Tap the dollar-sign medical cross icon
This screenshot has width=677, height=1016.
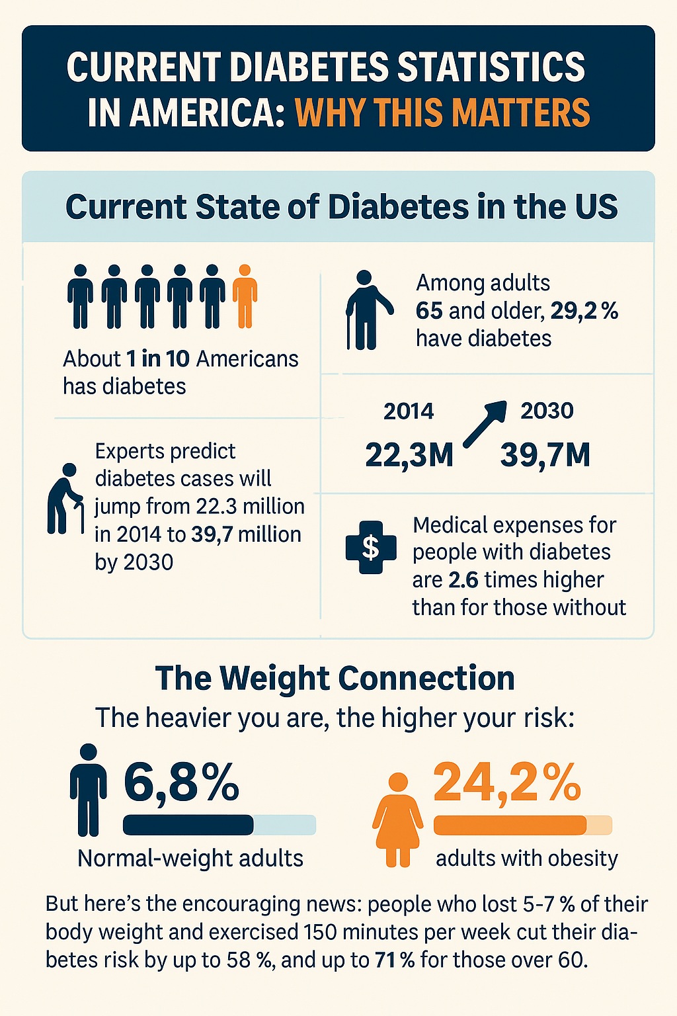[x=371, y=547]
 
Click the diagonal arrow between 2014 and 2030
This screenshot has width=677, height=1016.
[x=485, y=424]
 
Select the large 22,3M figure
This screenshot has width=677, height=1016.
[x=409, y=455]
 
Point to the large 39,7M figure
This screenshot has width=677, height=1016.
[x=545, y=455]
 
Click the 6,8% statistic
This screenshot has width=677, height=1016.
[x=181, y=783]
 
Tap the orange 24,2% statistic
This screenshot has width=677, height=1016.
[x=507, y=783]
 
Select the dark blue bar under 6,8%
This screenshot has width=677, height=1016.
[x=188, y=825]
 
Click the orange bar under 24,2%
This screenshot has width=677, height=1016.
[x=510, y=825]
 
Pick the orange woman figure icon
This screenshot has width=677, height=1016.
[x=397, y=820]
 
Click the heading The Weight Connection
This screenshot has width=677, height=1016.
[x=335, y=679]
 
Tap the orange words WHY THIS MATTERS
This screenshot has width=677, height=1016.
[x=442, y=112]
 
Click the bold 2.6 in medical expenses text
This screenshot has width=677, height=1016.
[x=463, y=580]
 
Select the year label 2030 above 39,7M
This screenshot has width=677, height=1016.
[x=547, y=411]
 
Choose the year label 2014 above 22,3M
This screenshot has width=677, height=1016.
[x=409, y=411]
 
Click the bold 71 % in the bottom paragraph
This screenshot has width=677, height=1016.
[x=395, y=960]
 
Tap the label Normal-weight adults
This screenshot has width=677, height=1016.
[x=190, y=859]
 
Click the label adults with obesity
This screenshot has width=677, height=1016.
[x=527, y=859]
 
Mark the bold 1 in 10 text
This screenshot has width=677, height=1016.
[x=158, y=359]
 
